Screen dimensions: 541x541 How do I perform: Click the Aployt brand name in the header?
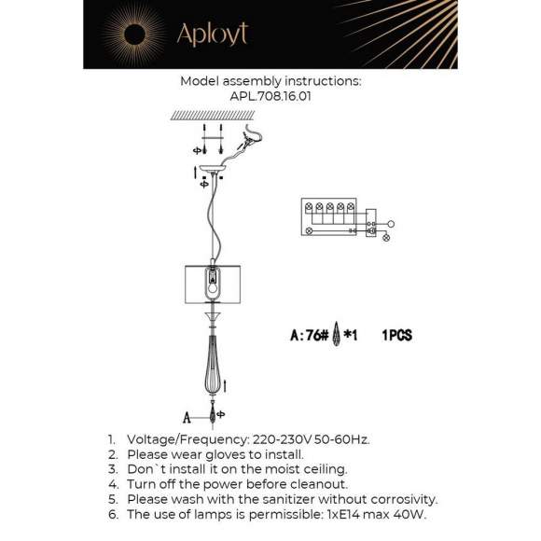coord(213,35)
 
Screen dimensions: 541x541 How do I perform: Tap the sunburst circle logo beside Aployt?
coord(132,35)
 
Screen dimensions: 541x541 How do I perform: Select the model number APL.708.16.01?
coord(270,95)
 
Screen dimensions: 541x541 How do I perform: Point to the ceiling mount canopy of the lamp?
coord(213,171)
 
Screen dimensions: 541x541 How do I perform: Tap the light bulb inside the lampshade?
coord(214,284)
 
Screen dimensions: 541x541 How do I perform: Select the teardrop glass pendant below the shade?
coord(214,368)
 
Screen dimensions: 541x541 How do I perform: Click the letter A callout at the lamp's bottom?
coord(187,417)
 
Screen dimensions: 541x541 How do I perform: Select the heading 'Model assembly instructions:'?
coord(270,81)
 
